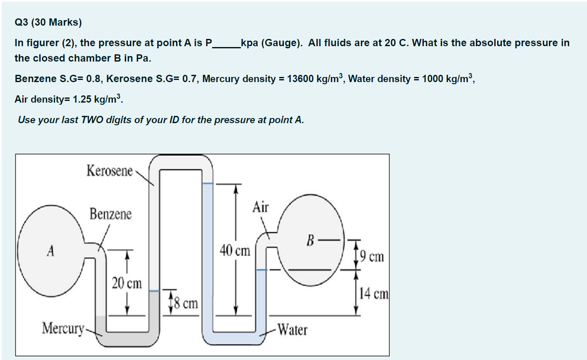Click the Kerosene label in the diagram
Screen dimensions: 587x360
point(110,171)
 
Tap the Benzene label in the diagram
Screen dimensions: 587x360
point(110,214)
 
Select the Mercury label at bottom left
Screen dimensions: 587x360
point(62,328)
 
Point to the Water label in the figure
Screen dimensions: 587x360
point(292,330)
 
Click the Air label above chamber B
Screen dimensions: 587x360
point(261,208)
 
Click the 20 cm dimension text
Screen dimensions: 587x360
point(127,283)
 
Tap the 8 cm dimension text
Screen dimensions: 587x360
point(185,304)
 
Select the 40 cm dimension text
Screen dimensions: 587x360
point(235,251)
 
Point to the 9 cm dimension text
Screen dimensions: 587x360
point(372,257)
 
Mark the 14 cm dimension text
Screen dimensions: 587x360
point(374,294)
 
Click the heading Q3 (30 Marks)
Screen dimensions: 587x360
point(48,23)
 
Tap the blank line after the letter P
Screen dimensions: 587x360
point(226,44)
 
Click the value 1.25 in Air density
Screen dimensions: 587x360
point(82,100)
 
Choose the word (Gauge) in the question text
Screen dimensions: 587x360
point(280,43)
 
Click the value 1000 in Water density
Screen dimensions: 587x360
point(432,79)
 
